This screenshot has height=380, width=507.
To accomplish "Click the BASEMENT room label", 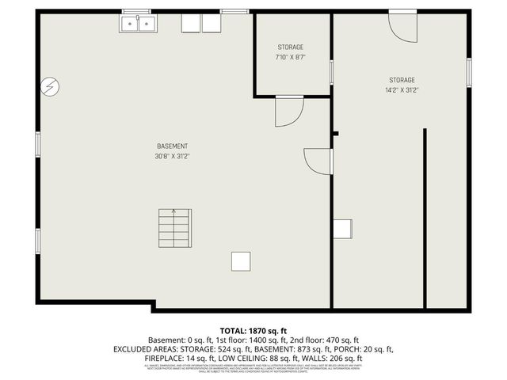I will [x=172, y=146].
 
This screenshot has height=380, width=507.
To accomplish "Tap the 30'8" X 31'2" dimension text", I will [x=172, y=157].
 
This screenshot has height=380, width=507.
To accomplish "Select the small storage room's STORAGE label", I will [x=290, y=47].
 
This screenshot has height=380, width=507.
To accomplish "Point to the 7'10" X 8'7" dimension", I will [x=290, y=58].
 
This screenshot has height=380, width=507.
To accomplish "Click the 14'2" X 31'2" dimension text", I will [x=401, y=90].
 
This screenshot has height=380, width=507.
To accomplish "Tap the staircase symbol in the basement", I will [x=174, y=228].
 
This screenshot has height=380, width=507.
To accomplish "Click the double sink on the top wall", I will [x=138, y=24].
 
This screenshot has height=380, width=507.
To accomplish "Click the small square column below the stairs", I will [x=241, y=262].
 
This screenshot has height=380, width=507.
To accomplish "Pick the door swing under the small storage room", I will [x=288, y=112].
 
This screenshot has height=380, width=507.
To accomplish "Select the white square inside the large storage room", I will [x=342, y=229].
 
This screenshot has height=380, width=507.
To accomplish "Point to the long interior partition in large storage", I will [x=425, y=218].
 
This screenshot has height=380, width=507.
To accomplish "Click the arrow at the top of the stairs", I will [x=174, y=212].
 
